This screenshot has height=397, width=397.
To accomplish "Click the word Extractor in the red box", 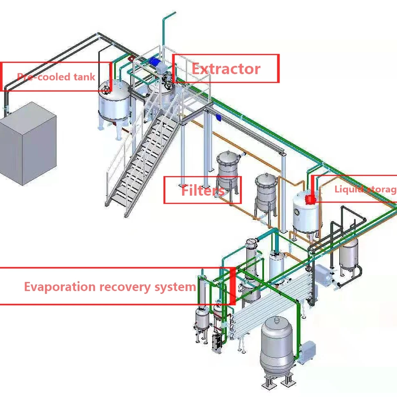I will tap(226, 69).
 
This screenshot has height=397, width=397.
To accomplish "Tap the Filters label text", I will tap(203, 190).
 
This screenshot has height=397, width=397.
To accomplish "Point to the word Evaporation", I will tap(60, 286).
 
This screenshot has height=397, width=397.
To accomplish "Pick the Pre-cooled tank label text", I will tap(56, 77).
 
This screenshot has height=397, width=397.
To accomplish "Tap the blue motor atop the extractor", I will tap(156, 61).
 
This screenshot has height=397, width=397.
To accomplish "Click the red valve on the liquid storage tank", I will tap(310, 199).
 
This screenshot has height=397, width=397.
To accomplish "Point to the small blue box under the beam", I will tap(218, 118).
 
